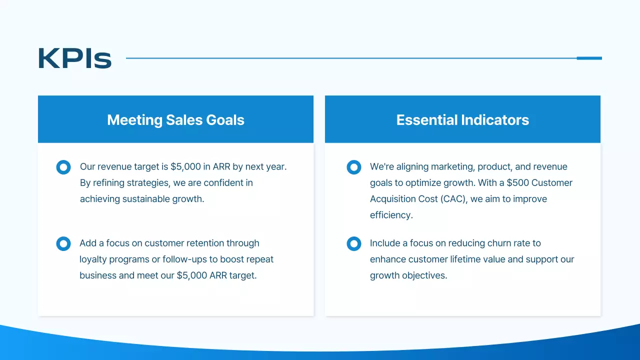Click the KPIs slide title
[74, 58]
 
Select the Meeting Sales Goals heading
[175, 120]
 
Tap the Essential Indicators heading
[462, 120]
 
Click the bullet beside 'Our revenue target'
[63, 167]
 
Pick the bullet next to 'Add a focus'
[63, 243]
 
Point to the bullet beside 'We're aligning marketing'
[353, 167]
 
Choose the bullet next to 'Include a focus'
[353, 243]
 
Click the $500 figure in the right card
[518, 182]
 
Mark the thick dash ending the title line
[589, 58]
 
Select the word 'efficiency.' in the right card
[391, 215]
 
